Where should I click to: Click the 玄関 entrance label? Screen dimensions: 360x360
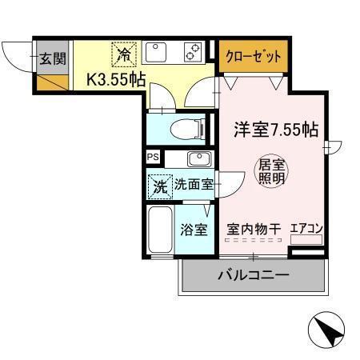coord(54,58)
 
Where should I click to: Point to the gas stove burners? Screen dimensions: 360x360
coord(192,54)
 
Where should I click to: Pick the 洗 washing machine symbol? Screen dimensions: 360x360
coord(158,184)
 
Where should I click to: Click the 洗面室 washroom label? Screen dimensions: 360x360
coord(193,184)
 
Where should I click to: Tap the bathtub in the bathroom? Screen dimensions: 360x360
coord(159,230)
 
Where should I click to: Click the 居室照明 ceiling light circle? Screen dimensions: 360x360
coord(270,170)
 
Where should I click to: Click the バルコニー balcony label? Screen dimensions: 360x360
coord(253,277)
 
